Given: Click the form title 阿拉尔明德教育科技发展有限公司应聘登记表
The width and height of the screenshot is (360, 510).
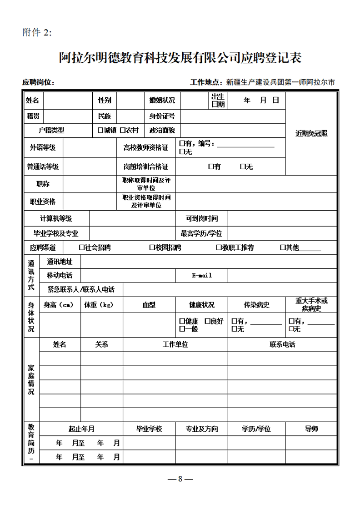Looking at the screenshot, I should (x=180, y=58).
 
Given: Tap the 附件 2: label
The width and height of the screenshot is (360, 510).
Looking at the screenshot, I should (x=37, y=32).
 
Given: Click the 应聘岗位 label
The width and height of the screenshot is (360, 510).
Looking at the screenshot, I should (x=38, y=82).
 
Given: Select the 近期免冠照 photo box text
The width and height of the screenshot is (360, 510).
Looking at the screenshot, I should (x=311, y=133).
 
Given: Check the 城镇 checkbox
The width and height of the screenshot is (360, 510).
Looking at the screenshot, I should (x=100, y=130).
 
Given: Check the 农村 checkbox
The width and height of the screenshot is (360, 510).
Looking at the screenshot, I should (x=123, y=130).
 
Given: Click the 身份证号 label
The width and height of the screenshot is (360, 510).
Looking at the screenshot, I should (x=162, y=116).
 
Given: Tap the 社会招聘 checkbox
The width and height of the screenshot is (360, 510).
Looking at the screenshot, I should (x=81, y=247).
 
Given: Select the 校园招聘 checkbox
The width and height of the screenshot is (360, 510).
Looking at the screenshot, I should (x=152, y=247).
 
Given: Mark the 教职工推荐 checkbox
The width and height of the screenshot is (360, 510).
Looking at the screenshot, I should (x=219, y=247).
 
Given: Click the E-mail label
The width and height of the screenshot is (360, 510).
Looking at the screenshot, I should (x=202, y=275).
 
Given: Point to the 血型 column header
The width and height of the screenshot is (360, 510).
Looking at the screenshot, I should (x=149, y=305).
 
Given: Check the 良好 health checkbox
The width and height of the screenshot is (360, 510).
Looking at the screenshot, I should (x=207, y=321).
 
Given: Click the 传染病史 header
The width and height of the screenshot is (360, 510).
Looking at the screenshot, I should (x=257, y=305).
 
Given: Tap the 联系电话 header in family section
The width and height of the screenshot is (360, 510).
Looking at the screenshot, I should (x=282, y=344).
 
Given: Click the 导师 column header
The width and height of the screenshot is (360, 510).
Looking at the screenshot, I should (x=311, y=429).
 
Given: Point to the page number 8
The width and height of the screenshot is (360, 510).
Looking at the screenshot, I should (x=180, y=479).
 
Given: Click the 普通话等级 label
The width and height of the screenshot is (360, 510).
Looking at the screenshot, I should (x=43, y=167).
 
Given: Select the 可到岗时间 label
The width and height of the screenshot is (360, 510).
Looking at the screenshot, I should (x=201, y=218).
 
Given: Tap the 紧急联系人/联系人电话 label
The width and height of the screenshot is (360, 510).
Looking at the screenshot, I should (x=81, y=289).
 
